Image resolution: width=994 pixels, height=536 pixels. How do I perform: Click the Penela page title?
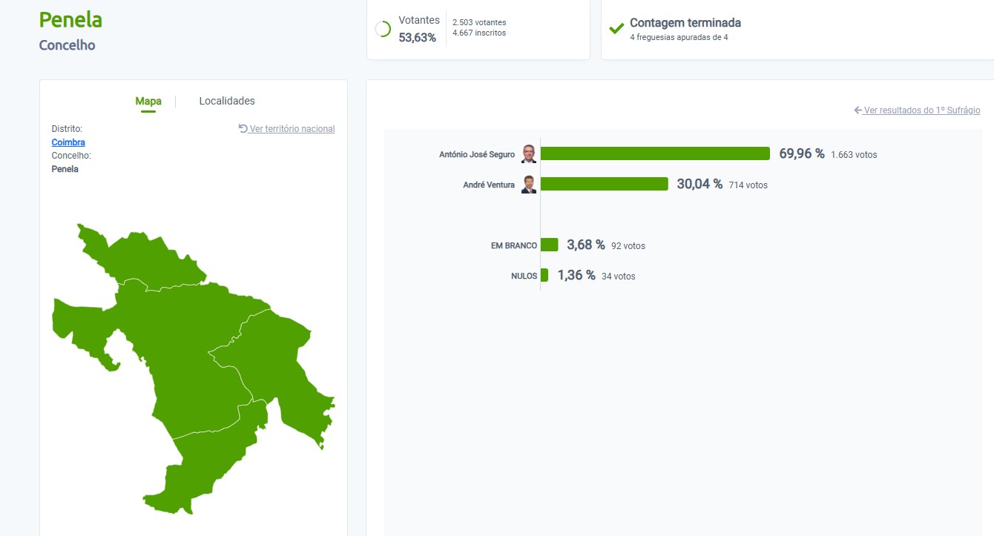coord(70,20)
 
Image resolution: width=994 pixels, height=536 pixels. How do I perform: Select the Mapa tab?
coord(148,101)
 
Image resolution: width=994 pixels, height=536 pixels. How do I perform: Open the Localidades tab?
coord(227,101)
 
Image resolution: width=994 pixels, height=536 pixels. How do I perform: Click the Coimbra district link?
coord(68,142)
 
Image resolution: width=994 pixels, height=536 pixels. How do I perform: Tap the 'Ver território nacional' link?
coord(292,129)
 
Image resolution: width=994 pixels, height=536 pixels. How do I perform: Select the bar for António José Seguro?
coord(655,153)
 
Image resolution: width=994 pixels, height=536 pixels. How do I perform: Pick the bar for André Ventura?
coord(604,184)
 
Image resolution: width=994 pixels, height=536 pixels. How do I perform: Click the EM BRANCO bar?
coord(549,245)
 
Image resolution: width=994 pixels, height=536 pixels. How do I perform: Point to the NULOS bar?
coord(544,275)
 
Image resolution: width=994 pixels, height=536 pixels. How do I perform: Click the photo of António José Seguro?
coord(528,153)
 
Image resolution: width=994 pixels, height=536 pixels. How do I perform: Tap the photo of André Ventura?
coord(528,184)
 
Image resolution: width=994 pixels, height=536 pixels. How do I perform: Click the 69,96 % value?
coord(801,153)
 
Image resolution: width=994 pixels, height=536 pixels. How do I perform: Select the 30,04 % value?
coord(699,184)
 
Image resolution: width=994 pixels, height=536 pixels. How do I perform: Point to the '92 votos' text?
coord(628,246)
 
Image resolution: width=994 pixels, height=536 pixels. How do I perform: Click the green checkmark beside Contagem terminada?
coord(616,29)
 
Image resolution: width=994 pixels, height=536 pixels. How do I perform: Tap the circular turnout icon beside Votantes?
coord(383,29)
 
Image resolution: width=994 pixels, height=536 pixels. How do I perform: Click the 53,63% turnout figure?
coord(418,38)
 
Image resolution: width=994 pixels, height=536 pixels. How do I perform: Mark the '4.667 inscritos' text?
coord(479,33)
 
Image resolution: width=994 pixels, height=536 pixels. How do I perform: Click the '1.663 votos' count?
coord(854,155)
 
